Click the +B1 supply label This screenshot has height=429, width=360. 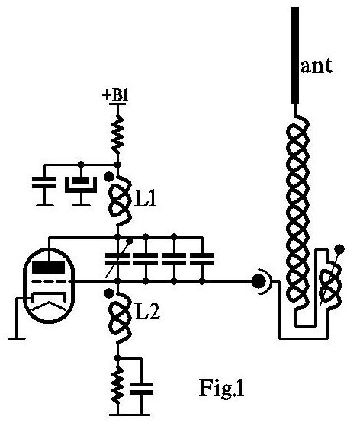coord(115,96)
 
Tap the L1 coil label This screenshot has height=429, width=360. coord(145,199)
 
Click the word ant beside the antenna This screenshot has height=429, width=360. coord(317,66)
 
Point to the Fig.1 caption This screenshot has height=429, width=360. coord(221,388)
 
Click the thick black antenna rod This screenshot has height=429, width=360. coord(295,55)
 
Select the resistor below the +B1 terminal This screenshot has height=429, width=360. coord(118,136)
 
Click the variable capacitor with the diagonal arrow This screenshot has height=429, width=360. coord(117,259)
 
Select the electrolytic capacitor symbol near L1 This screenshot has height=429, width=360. coord(81,184)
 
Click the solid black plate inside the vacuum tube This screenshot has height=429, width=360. coord(49,267)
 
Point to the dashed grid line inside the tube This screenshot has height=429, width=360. coord(50,281)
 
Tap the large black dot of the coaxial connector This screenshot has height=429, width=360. coord(258,281)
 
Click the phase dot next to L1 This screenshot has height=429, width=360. coord(109,177)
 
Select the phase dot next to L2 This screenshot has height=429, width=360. coord(109,293)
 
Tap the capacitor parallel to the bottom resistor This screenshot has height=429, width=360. coord(141,389)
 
